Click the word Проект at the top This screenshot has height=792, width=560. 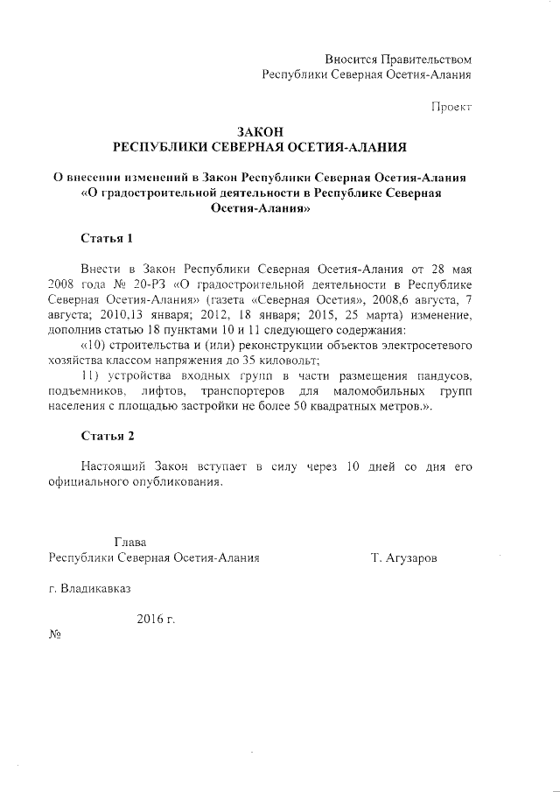[x=451, y=107]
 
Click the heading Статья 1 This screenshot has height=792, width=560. [x=107, y=238]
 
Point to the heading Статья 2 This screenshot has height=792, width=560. [x=107, y=435]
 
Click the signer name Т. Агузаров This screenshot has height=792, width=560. [x=404, y=557]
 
